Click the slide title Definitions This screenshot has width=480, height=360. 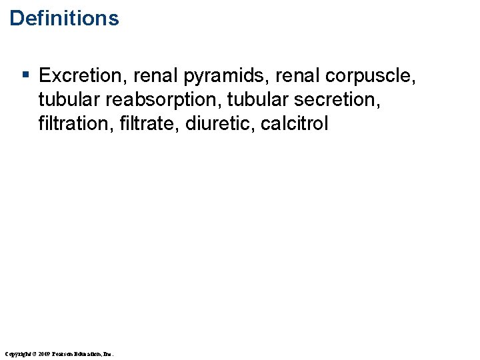[64, 18]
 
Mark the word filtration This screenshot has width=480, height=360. [71, 124]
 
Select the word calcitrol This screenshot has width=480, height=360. [294, 124]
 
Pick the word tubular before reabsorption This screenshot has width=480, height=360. [69, 100]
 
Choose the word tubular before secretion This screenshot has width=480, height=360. [258, 100]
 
